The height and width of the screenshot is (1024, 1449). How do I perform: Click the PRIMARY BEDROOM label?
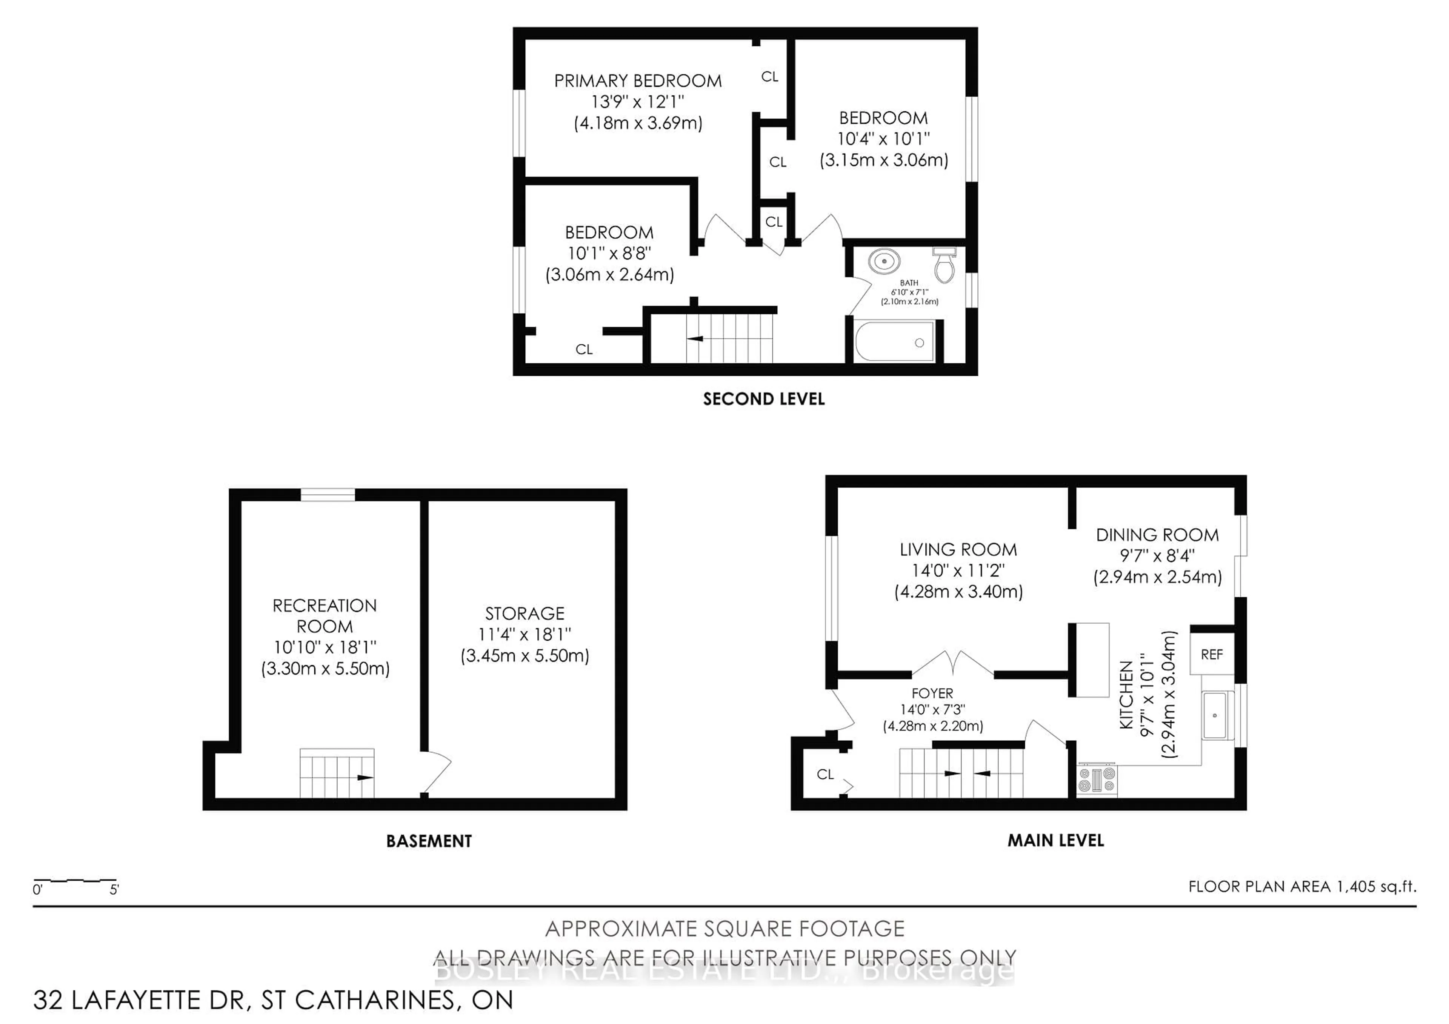tap(637, 81)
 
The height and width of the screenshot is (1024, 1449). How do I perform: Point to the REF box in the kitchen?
tap(1211, 654)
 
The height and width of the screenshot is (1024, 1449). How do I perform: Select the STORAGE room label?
tap(525, 613)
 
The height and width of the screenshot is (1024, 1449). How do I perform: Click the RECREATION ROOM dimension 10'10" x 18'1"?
tap(325, 647)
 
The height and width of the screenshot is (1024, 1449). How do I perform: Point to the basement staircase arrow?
tap(364, 777)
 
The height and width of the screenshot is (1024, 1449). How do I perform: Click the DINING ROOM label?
tap(1157, 535)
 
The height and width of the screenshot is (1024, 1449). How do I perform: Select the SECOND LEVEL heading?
tap(764, 399)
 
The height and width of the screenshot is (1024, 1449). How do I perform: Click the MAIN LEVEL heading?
tap(1055, 840)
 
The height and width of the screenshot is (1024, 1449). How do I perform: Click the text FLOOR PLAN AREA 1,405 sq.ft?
tap(1302, 886)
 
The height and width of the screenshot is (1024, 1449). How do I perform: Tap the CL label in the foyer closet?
tap(825, 774)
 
